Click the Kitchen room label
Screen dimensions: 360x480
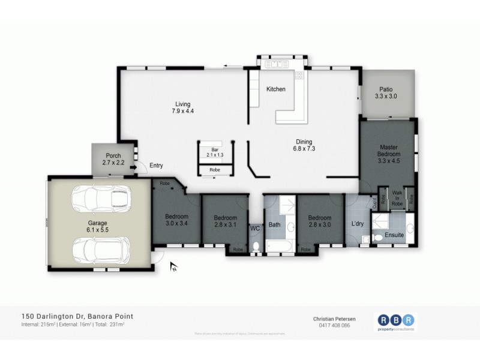tap(276, 89)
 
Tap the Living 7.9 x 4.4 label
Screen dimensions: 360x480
tap(183, 107)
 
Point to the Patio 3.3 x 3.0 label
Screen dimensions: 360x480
tap(386, 92)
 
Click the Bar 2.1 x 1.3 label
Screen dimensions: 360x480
tap(214, 152)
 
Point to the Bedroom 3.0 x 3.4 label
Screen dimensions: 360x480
tap(177, 220)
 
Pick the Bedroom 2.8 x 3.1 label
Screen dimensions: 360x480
tap(226, 221)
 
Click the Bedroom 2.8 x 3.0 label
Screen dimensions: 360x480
tap(320, 221)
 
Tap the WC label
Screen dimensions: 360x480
tap(254, 229)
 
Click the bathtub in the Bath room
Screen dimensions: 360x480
tap(278, 247)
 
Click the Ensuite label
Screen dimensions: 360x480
tap(394, 235)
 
